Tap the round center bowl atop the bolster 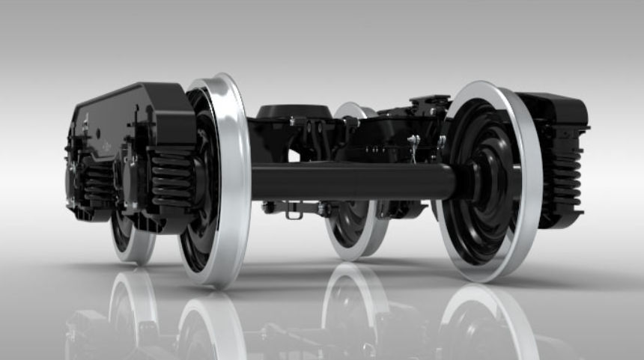coord(294,112)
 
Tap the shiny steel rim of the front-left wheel coord(238,180)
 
